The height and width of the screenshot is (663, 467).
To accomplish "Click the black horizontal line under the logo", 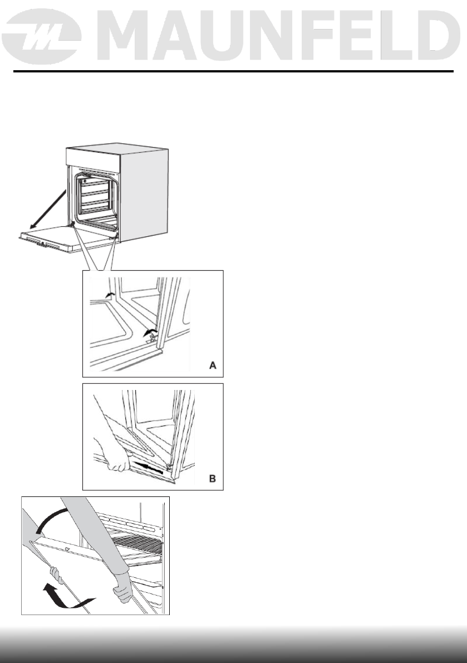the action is pos(233,72).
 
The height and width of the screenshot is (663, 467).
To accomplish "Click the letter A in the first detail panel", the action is pos(213,365).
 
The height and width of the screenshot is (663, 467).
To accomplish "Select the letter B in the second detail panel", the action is pos(213,479).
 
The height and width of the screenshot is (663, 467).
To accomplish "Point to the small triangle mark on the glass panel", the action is pos(67,549).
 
